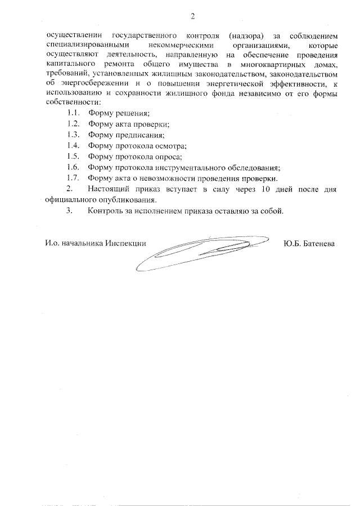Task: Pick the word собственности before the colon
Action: click(x=74, y=104)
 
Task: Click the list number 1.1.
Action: click(x=72, y=114)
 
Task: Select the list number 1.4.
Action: click(x=72, y=145)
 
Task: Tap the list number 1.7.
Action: click(x=72, y=178)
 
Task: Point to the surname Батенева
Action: click(x=319, y=244)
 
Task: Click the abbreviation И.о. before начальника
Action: click(x=53, y=244)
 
